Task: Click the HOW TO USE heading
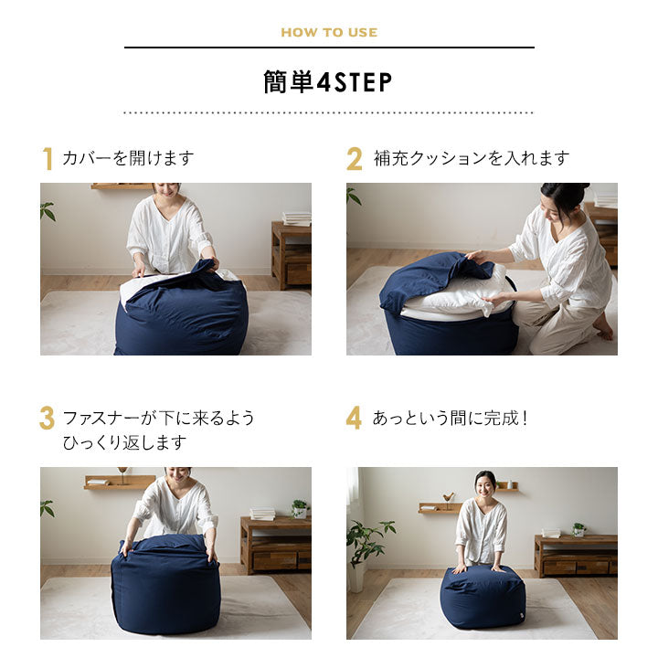click(329, 32)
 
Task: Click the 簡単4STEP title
click(329, 82)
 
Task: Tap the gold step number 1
click(48, 159)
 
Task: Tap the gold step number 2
click(355, 159)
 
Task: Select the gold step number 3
click(48, 419)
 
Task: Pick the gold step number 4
click(355, 419)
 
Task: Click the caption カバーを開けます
click(128, 158)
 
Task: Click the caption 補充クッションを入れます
click(471, 158)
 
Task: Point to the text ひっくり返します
click(124, 442)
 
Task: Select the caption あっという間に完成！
click(451, 419)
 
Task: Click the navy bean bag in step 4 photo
click(482, 597)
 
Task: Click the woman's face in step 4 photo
click(484, 483)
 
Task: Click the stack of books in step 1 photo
click(296, 218)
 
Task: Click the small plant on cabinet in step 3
click(299, 507)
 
